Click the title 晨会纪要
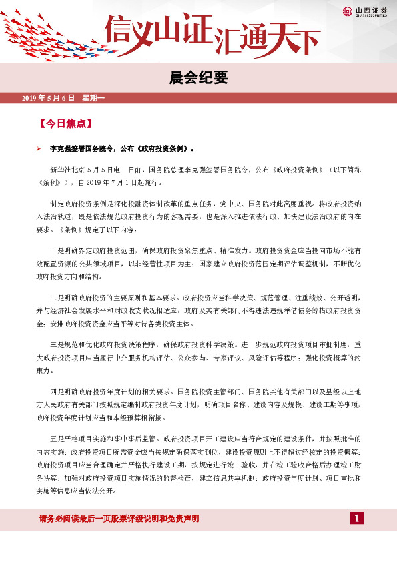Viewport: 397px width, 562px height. coord(198,78)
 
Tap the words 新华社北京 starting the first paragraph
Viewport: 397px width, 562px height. coord(66,170)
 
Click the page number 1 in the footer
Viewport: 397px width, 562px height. coord(357,519)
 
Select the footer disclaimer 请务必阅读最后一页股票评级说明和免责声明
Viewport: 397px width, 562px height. coord(120,519)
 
